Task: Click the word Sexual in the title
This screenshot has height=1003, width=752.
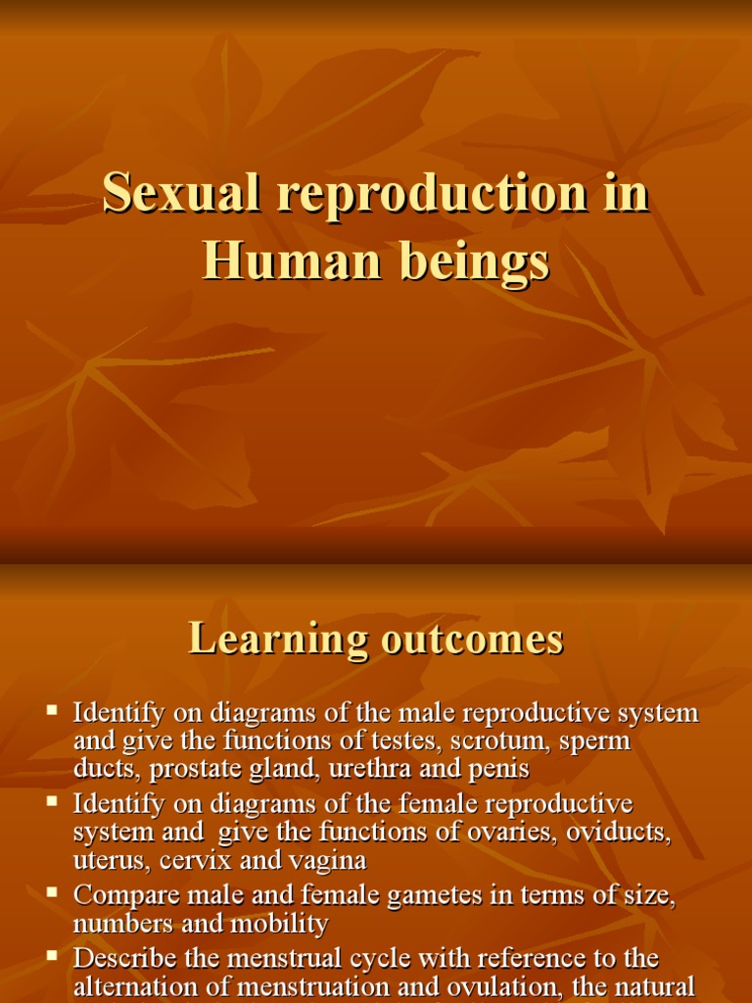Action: coord(181,192)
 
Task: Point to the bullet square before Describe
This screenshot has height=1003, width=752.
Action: coord(53,955)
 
